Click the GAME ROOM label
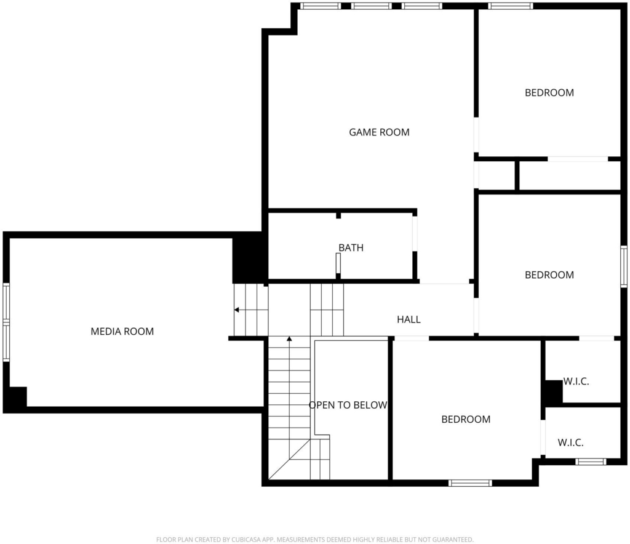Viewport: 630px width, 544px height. tap(379, 132)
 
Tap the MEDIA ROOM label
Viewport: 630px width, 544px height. tap(122, 332)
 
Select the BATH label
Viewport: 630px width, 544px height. tap(351, 248)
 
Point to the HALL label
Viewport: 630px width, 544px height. tap(409, 319)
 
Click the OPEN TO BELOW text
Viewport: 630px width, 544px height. tap(348, 405)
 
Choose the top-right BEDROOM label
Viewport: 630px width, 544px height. tap(549, 93)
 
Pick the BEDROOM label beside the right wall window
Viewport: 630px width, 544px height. tap(549, 275)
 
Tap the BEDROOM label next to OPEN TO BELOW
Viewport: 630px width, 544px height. tap(466, 420)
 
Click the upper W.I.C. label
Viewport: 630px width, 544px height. tap(576, 382)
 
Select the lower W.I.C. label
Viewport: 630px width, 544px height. tap(570, 442)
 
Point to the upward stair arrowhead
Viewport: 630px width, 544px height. tap(289, 339)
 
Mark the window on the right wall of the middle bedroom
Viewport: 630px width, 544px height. tap(624, 266)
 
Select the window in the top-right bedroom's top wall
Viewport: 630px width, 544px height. tap(510, 6)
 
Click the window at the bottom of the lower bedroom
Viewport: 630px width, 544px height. tap(470, 483)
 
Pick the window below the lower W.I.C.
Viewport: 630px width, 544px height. tap(591, 462)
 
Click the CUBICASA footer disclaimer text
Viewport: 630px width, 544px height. tap(314, 540)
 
